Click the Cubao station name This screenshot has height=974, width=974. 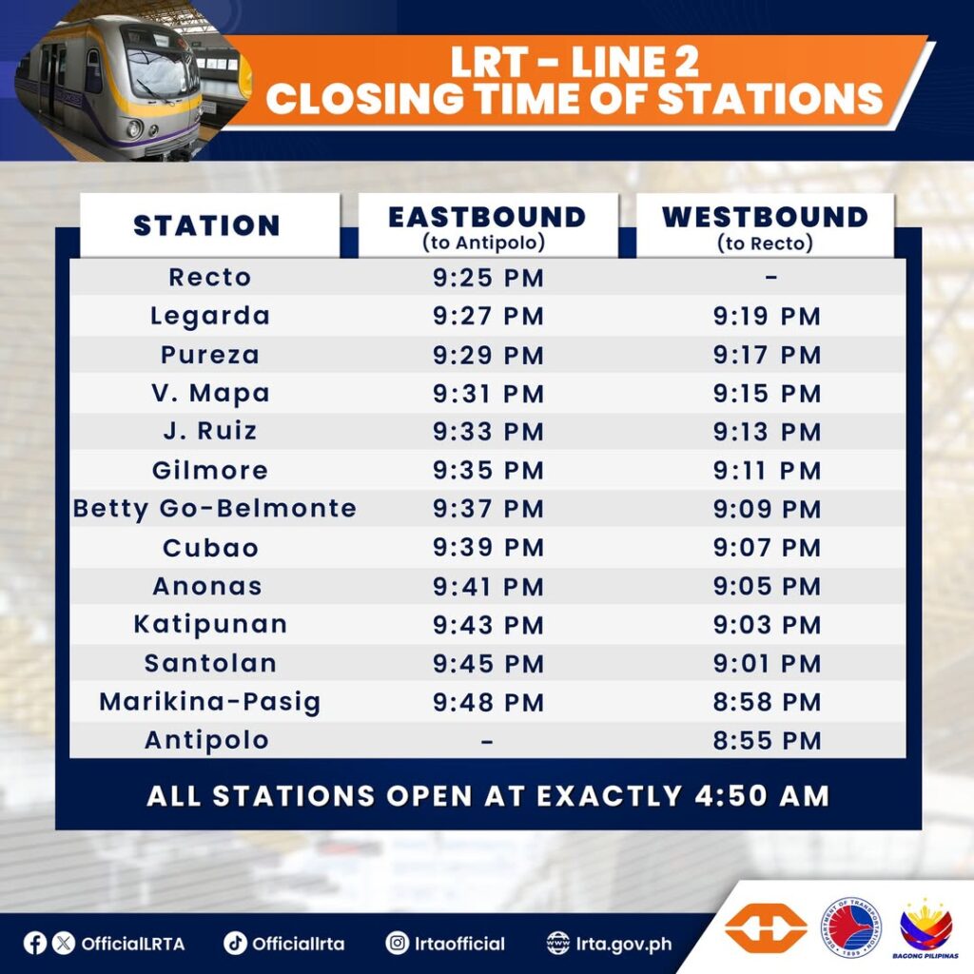coord(210,548)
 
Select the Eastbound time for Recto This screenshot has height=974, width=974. coord(488,278)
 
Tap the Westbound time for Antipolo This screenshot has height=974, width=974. coord(768,740)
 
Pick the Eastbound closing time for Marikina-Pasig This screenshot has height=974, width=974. coord(488,702)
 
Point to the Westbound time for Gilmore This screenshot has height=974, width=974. coord(768,470)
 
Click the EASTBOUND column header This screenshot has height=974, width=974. coord(487,218)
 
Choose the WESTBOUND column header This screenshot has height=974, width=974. coord(766,218)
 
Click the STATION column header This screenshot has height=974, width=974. coord(206,225)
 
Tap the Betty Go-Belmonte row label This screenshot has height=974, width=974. coord(215,510)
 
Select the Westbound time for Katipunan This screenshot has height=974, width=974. coord(768,625)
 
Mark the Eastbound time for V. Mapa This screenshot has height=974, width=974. coord(488,394)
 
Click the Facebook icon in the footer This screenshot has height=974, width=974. coord(35,943)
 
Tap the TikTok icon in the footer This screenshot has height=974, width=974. coord(235,943)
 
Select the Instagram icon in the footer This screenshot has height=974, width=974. coord(397,943)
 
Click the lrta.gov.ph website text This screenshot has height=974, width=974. coord(624,945)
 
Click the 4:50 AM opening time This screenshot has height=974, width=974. coord(762,796)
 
